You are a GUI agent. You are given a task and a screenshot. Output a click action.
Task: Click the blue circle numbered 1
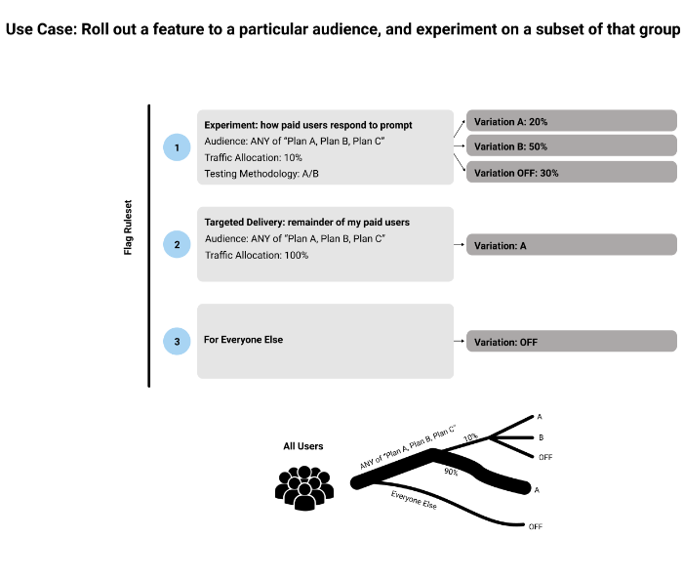tap(177, 147)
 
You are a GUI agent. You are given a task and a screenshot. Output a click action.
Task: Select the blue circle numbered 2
tap(177, 245)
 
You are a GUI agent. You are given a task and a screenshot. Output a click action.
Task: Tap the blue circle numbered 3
tap(177, 342)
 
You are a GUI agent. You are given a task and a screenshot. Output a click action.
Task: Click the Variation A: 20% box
tap(570, 121)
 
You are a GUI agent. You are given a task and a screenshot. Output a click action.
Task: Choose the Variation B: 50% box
tap(570, 146)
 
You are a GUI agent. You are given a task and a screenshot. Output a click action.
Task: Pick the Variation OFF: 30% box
tap(570, 172)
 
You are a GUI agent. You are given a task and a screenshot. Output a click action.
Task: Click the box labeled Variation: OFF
tap(570, 342)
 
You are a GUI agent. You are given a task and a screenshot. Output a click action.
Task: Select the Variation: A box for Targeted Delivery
tap(570, 245)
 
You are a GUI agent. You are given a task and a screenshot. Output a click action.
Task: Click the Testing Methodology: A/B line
tap(261, 173)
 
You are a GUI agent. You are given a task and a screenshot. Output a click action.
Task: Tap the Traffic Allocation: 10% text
tap(253, 157)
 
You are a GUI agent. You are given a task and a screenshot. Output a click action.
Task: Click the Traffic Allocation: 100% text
tap(256, 255)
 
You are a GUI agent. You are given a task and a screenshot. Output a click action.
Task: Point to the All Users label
tap(302, 446)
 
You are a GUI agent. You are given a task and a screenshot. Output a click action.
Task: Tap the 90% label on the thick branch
tap(451, 472)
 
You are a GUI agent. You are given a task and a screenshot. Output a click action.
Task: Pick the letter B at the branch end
tap(541, 437)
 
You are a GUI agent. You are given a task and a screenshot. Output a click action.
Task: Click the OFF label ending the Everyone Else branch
tap(535, 526)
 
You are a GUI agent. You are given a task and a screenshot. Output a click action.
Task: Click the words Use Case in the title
tap(39, 28)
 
